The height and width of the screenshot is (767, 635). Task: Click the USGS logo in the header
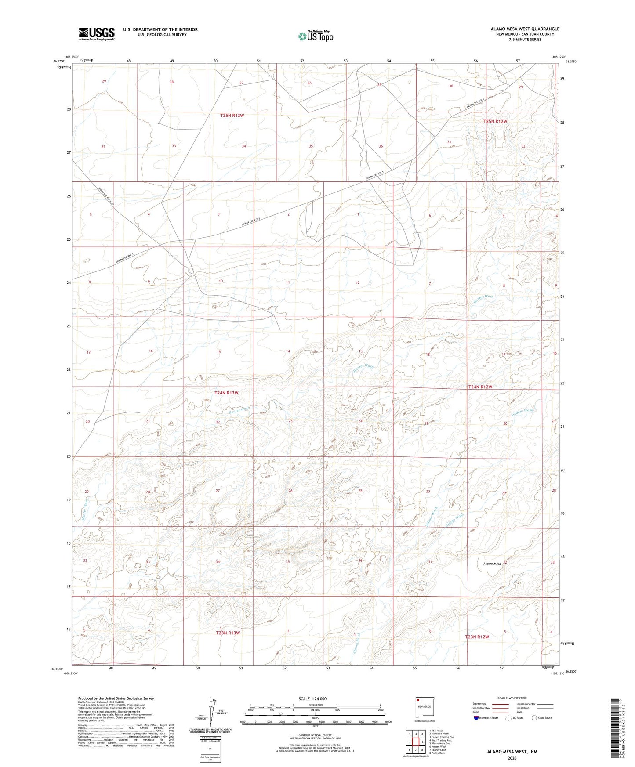tap(97, 34)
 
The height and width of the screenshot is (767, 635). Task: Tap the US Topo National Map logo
tap(316, 36)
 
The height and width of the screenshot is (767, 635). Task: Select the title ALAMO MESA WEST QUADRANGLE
tap(525, 29)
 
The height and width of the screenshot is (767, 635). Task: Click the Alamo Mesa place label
tap(492, 564)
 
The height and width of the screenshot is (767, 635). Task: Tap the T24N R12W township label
tap(480, 387)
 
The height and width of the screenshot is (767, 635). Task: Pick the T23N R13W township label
tap(228, 633)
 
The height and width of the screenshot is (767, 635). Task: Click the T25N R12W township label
tap(495, 121)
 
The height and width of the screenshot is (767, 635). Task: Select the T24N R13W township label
tap(226, 393)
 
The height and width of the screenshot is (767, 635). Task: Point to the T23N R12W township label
tap(477, 637)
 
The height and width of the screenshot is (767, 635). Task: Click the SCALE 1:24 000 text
tap(312, 699)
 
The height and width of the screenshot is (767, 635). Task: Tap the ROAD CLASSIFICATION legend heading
tap(512, 698)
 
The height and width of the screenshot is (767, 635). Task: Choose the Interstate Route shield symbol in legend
tap(477, 718)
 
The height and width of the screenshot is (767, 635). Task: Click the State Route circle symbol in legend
tap(534, 718)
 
